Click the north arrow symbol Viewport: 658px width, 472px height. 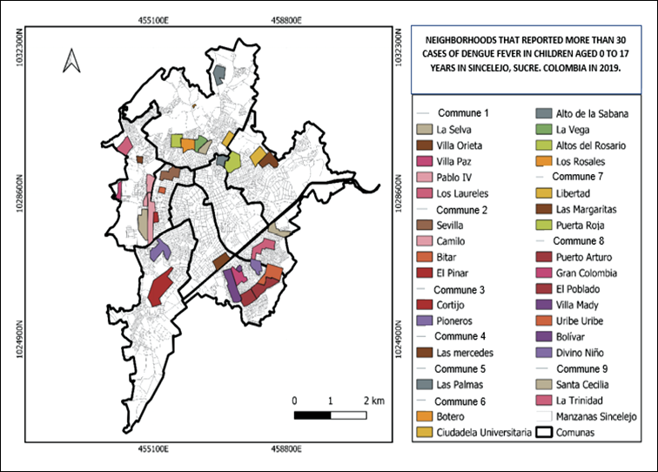point(71,61)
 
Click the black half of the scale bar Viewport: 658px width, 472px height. point(312,415)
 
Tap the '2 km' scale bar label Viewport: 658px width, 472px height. point(374,401)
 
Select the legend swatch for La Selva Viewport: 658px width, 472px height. point(424,130)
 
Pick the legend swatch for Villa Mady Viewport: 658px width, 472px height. point(544,305)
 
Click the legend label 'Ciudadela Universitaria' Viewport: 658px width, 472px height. point(484,432)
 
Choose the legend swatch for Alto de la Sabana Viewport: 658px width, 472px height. point(544,113)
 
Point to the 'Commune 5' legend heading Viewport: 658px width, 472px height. point(460,368)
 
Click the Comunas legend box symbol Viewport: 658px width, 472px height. point(544,432)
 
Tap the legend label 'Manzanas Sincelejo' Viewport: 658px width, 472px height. point(596,416)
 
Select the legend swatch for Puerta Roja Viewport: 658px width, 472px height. point(544,225)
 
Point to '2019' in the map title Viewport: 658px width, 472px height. point(609,68)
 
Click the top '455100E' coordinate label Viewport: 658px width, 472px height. point(153,20)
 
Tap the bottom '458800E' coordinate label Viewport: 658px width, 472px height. point(285,448)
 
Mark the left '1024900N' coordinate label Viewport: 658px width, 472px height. point(20,340)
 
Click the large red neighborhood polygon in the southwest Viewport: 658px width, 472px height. point(160,287)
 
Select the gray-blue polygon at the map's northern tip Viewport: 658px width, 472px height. point(219,74)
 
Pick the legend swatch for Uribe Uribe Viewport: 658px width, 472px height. point(544,320)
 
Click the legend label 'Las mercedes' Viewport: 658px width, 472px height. point(465,353)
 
